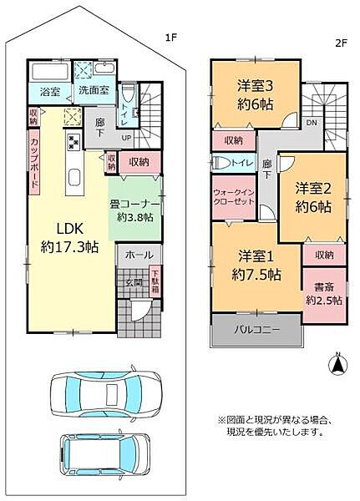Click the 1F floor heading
(171, 38)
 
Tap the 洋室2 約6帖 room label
(313, 197)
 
